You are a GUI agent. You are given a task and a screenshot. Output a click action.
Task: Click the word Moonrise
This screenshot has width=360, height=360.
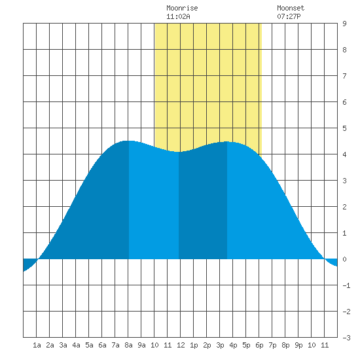[x=182, y=8]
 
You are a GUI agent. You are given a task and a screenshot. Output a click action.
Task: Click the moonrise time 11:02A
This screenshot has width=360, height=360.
[x=178, y=16]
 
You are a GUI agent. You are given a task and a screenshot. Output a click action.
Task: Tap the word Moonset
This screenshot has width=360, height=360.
[x=291, y=8]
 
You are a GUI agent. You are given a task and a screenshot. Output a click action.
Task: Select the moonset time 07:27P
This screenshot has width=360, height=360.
[x=289, y=16]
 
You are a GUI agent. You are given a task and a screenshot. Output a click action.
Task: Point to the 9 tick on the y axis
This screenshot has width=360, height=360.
[x=344, y=24]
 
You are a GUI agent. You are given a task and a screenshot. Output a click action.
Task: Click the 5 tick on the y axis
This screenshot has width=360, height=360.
[x=344, y=128]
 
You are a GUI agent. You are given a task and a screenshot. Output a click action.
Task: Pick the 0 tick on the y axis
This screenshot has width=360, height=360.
[x=344, y=259]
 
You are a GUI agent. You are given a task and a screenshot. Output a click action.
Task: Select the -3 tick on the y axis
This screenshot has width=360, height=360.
[x=346, y=338]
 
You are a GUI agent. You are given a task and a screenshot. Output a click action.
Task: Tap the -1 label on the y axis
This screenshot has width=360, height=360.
[x=346, y=285]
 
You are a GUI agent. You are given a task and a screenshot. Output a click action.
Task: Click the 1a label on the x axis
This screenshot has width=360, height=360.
[x=37, y=345]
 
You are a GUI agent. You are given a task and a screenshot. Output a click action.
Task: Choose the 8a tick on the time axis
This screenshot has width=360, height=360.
[x=128, y=345]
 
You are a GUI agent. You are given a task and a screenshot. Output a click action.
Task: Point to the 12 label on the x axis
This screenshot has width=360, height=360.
[x=181, y=345]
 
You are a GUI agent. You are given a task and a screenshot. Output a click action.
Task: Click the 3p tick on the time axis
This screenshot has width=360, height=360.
[x=220, y=345]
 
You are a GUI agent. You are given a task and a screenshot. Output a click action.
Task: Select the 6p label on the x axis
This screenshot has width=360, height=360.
[x=259, y=345]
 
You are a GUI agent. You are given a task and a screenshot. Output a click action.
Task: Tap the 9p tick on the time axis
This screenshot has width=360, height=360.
[x=298, y=345]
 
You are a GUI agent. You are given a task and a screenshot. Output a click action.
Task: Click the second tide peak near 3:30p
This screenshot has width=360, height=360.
[x=227, y=141]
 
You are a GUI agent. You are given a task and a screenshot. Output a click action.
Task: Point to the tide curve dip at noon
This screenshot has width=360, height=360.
[x=179, y=152]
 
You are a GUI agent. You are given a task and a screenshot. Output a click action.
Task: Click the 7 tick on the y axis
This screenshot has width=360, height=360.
[x=344, y=76]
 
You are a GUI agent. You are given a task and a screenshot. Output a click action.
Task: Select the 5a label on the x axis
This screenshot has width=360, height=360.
[x=89, y=345]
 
